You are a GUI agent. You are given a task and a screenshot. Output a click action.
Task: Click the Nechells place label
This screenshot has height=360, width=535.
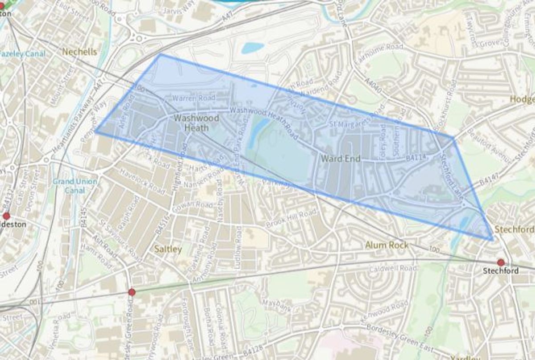pos(79,52)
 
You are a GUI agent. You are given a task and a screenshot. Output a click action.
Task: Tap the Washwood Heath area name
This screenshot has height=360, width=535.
pos(196,123)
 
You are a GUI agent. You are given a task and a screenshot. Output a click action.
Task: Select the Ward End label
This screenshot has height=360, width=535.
pos(341,158)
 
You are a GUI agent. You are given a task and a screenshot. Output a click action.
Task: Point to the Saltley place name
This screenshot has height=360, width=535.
pos(168,249)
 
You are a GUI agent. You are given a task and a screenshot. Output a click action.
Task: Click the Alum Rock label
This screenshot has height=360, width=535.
pos(387,245)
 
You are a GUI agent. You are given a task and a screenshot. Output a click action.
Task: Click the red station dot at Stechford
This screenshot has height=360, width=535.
pos(501,262)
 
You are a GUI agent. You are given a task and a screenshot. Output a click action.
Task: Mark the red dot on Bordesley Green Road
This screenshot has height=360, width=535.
pos(132,292)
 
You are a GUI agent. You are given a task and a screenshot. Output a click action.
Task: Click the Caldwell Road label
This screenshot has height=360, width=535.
pos(393,269)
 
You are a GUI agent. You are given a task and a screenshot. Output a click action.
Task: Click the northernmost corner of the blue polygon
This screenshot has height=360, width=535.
pos(160,55)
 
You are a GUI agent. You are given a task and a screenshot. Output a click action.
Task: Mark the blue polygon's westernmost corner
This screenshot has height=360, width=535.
pos(95,132)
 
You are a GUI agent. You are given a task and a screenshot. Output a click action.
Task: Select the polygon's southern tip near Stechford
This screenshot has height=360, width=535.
pos(493,240)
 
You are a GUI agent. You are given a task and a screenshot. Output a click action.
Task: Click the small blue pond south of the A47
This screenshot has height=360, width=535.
pos(251,47)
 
